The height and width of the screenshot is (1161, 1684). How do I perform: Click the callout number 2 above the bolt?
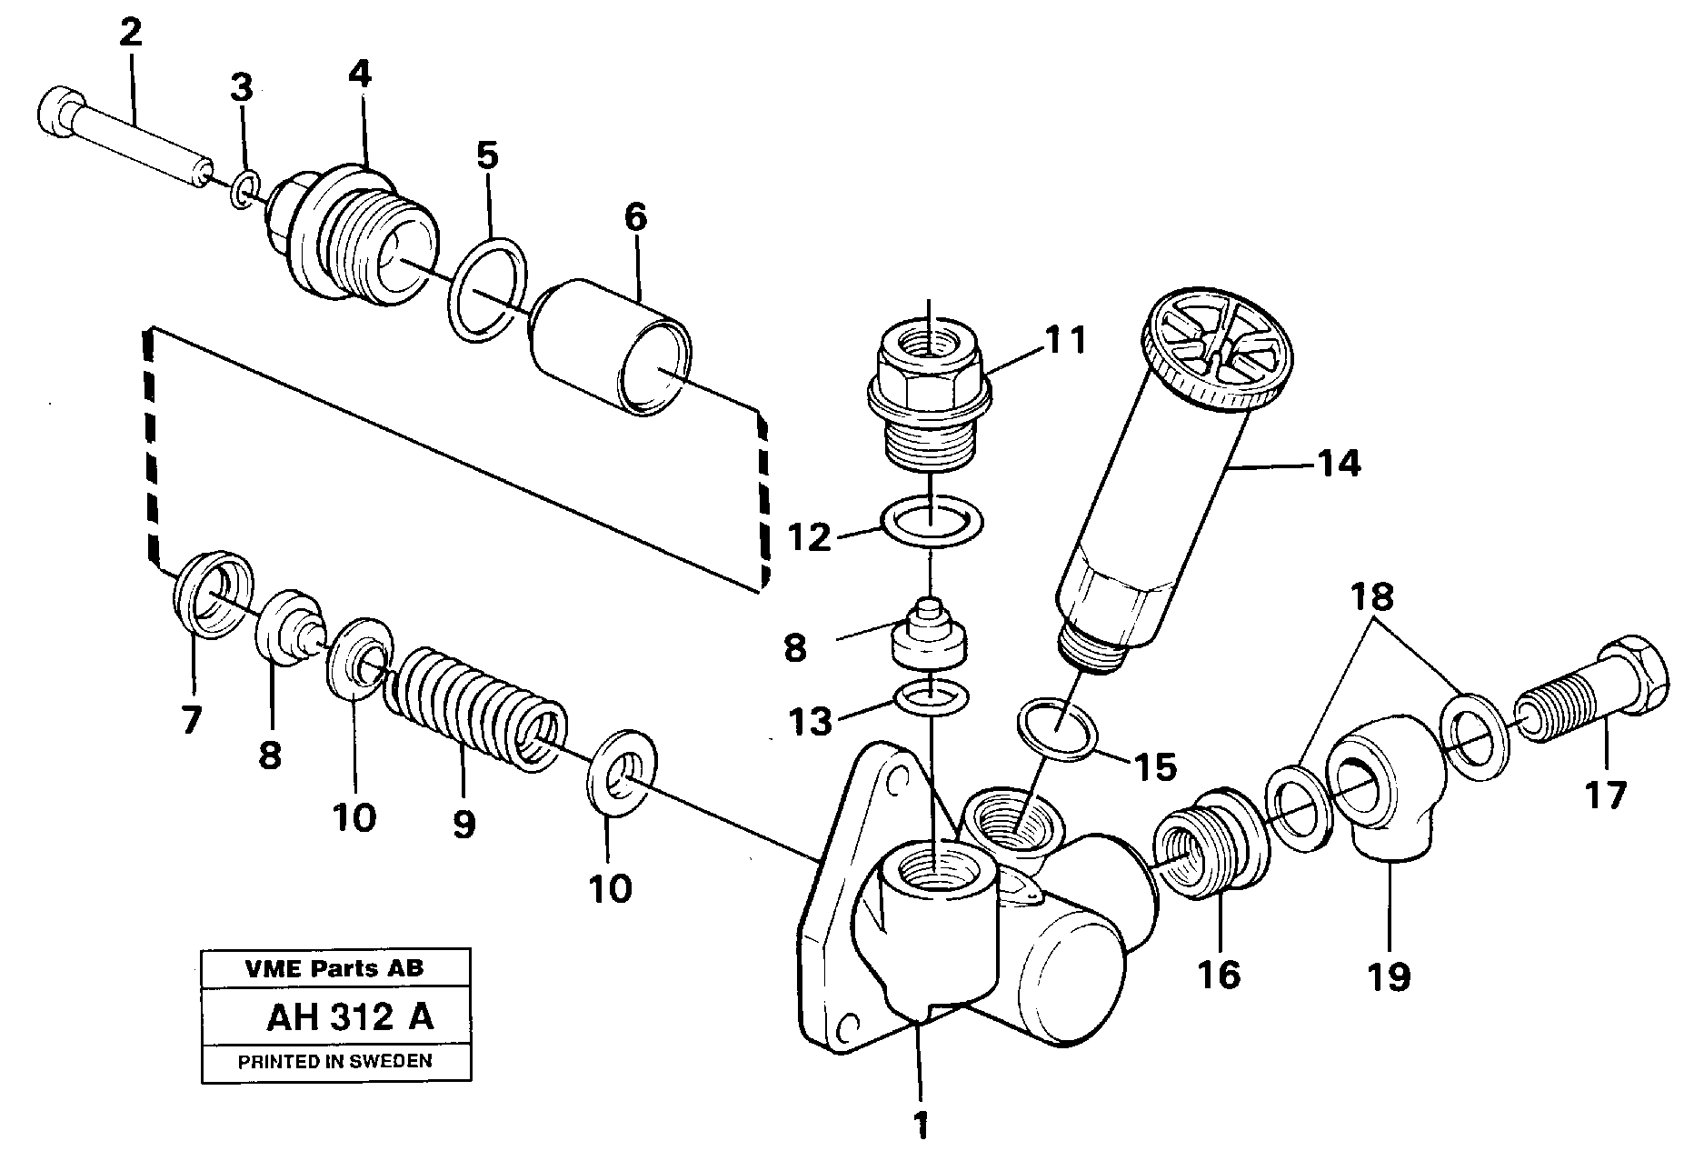pyautogui.click(x=130, y=34)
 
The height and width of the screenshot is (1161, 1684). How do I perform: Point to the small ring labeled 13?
pyautogui.click(x=932, y=696)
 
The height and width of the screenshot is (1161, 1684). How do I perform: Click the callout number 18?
pyautogui.click(x=1370, y=597)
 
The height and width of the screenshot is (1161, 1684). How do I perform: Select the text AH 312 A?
pyautogui.click(x=350, y=1017)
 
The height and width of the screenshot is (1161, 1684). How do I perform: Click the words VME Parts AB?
pyautogui.click(x=334, y=968)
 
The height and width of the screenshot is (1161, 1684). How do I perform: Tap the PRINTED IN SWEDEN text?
pyautogui.click(x=334, y=1061)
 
